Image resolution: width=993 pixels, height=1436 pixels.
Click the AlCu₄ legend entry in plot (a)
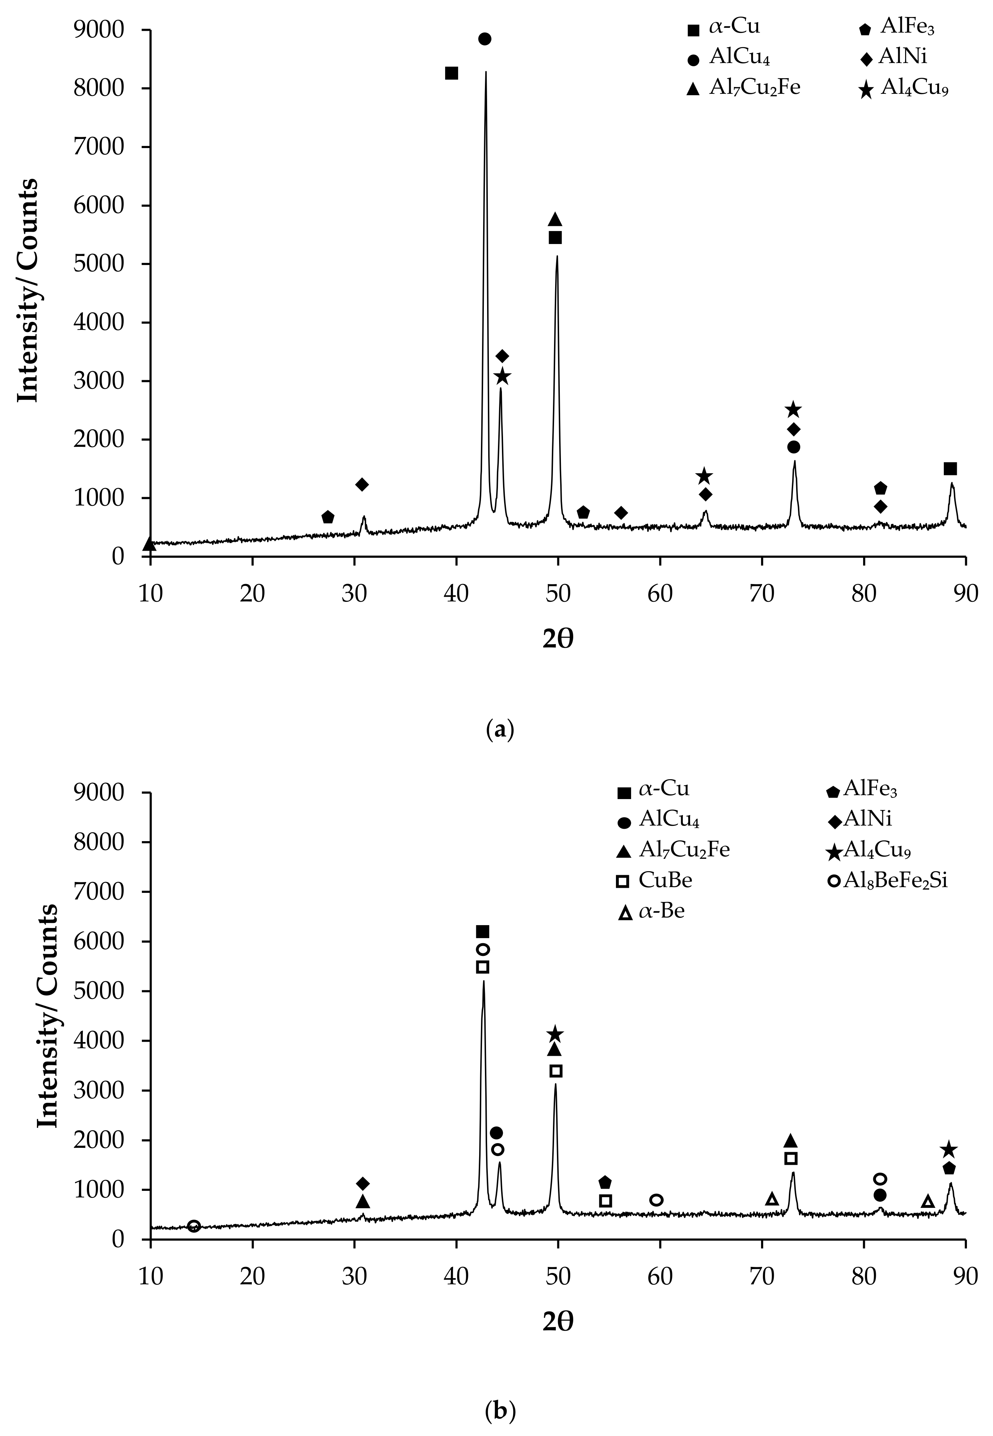click(x=735, y=57)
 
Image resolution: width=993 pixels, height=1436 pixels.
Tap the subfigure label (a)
click(x=500, y=728)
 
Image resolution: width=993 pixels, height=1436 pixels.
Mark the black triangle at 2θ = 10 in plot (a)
click(x=149, y=544)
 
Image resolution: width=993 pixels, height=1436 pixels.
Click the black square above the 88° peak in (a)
click(x=950, y=469)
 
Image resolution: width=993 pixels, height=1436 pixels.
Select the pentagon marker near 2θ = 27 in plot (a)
click(x=328, y=517)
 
